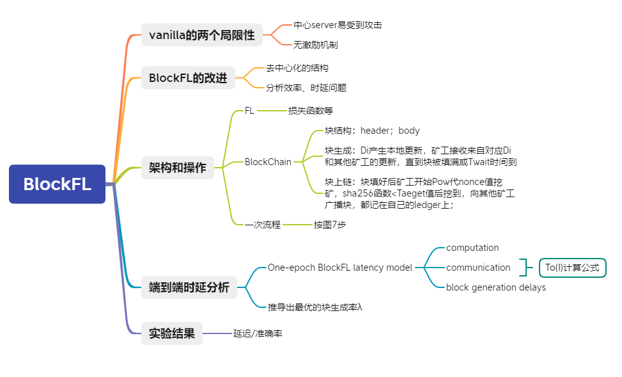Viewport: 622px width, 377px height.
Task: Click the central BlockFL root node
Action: coord(57,184)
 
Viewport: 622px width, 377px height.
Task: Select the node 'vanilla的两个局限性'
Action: coord(201,35)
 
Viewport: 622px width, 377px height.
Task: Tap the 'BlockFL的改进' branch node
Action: coord(188,77)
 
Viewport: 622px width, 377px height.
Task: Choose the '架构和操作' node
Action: coord(177,168)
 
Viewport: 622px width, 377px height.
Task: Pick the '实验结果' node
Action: coord(171,333)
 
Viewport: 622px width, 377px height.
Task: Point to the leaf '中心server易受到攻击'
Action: coord(338,25)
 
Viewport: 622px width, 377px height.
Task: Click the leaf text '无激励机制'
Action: coord(315,45)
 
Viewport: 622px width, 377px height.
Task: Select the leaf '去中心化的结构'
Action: coord(297,68)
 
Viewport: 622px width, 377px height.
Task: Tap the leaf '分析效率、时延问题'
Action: coord(306,88)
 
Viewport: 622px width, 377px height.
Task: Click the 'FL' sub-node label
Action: coord(249,111)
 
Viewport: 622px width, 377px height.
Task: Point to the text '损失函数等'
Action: coord(311,111)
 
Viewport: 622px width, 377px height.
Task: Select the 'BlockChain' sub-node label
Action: coord(268,162)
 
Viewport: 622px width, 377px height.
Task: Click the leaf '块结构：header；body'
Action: coord(372,131)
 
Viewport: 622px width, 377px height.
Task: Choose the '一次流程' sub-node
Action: coord(263,225)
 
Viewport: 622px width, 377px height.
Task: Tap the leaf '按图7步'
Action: coord(330,225)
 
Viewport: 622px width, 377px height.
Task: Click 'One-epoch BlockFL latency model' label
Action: coord(340,268)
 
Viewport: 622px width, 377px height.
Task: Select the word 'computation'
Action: coord(472,248)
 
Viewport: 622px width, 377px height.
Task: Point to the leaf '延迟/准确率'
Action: coord(258,333)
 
